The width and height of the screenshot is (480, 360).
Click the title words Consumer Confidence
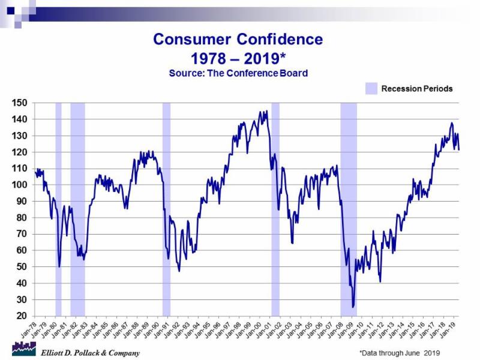pos(238,40)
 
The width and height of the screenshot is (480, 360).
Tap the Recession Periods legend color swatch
pos(371,88)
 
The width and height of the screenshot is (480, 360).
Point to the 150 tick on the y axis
pos(21,103)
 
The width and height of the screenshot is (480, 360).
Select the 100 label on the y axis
pos(21,185)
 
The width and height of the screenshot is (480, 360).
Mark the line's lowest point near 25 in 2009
pos(353,307)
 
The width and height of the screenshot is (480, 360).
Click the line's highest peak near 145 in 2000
pos(266,111)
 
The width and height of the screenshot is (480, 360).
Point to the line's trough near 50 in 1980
pos(59,266)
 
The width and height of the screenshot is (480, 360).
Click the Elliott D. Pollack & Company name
pos(90,353)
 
